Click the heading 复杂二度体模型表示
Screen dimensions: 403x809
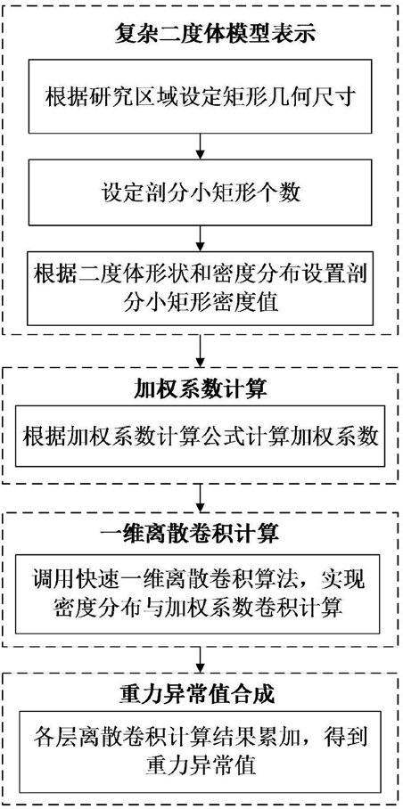pos(201,34)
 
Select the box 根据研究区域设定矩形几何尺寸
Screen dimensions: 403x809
pos(201,96)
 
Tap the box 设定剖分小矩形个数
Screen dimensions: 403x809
pos(201,193)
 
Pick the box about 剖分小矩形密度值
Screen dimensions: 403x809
pos(201,286)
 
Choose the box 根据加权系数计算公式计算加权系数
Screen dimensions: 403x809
pos(201,438)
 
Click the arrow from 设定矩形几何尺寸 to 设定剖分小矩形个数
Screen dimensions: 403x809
pos(201,146)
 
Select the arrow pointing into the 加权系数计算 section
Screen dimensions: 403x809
pos(201,351)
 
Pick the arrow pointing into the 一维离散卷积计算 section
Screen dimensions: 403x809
pos(201,497)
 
